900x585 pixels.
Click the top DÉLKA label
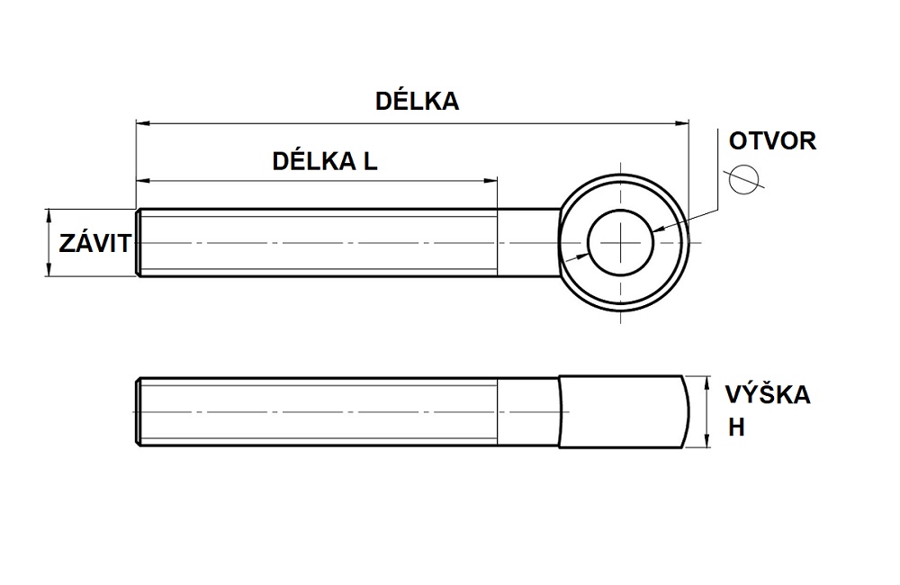417,101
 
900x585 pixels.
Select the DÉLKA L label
325,161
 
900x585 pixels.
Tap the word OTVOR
772,140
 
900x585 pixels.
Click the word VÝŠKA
768,395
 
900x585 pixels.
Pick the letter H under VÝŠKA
737,428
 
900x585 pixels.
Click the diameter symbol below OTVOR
744,178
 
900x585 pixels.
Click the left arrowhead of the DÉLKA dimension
140,122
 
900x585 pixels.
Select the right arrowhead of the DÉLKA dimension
681,122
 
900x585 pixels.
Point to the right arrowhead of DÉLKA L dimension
492,181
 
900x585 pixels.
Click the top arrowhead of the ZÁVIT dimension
49,215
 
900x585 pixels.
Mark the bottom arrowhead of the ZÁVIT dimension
49,272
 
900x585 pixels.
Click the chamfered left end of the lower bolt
139,411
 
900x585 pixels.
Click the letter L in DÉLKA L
369,161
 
